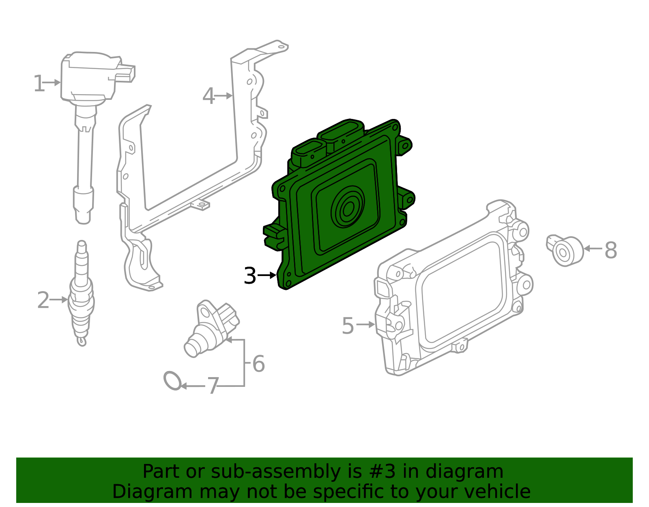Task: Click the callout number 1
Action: (39, 84)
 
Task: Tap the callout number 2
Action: (43, 300)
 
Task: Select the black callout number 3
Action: (250, 276)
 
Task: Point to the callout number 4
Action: (208, 97)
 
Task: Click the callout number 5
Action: (348, 326)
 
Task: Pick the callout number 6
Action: (258, 364)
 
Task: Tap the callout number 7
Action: (213, 386)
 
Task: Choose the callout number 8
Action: (610, 250)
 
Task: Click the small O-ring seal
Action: (173, 380)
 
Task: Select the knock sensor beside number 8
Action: (565, 251)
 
